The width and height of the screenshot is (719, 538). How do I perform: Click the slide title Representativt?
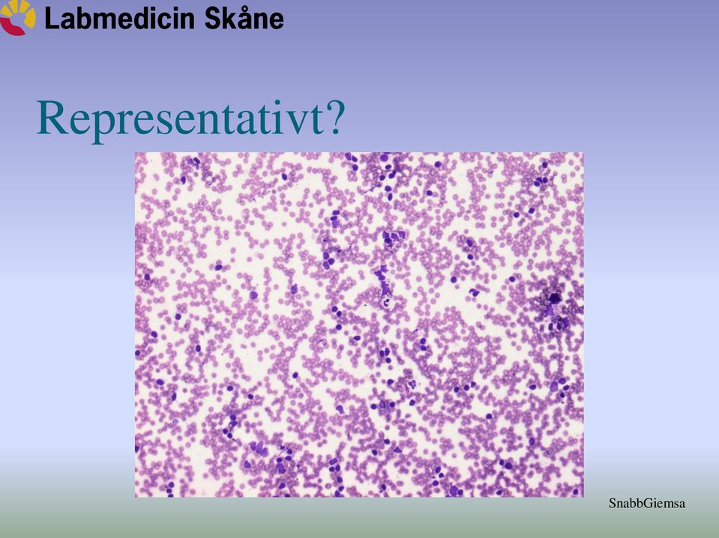190,118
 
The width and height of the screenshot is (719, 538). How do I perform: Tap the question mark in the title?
334,118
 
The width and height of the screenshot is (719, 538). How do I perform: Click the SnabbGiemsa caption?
646,504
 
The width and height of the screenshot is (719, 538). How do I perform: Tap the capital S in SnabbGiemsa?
613,504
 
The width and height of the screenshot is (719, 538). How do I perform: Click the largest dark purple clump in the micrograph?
553,306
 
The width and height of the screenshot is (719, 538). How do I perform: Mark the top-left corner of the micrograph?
135,152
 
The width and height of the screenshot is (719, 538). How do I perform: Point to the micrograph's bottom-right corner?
584,498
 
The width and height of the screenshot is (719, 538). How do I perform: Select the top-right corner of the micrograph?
584,152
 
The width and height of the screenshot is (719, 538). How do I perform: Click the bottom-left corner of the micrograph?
135,498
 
